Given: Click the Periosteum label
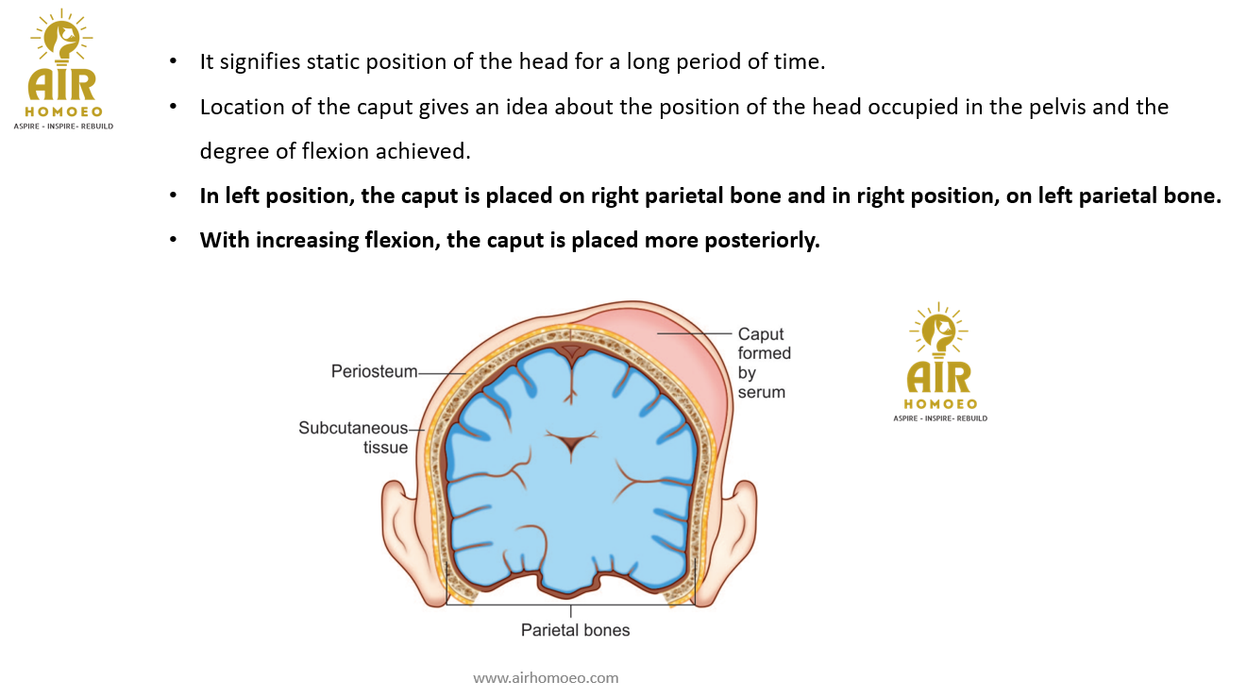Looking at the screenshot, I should click(x=374, y=372).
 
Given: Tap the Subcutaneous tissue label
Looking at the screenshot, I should click(x=353, y=437).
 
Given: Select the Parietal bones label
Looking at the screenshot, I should click(x=575, y=630).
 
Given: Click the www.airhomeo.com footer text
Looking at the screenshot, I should click(x=546, y=677).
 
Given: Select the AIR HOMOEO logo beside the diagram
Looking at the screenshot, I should click(x=939, y=364).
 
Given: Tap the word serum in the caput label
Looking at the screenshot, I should click(x=761, y=392).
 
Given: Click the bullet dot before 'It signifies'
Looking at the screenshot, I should click(x=173, y=62).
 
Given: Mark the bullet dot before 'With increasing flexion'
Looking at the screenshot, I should click(x=173, y=241).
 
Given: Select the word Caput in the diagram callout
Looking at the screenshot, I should click(x=761, y=333).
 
